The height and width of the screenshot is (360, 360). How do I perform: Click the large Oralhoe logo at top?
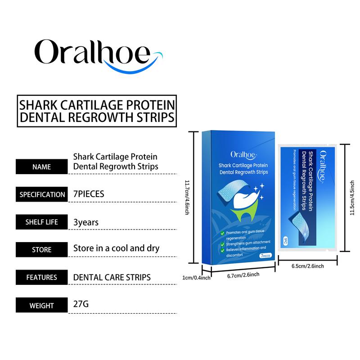point(99,56)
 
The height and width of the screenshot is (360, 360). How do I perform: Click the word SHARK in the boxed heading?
point(38,105)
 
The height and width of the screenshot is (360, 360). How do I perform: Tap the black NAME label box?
point(41,166)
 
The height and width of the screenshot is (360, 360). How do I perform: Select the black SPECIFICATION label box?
point(41,194)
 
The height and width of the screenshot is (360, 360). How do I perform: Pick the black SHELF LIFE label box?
point(41,222)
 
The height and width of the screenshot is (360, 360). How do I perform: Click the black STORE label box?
point(41,250)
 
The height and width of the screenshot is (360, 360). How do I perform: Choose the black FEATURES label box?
point(41,277)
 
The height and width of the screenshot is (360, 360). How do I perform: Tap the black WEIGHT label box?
point(41,305)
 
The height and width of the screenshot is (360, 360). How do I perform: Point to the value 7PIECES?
point(89,194)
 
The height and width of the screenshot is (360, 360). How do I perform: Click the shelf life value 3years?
point(86,222)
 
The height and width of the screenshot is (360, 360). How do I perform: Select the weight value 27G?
point(81,304)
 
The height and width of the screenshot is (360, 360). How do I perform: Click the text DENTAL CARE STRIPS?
point(112,277)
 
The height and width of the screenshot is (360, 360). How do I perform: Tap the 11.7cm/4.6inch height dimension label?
point(187,198)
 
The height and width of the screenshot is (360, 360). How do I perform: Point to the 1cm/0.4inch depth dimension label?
point(196,278)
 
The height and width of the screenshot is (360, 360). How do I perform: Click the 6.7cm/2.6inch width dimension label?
point(243,275)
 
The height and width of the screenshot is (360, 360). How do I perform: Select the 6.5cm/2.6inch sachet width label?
point(308,266)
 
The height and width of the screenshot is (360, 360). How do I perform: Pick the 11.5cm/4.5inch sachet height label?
point(352,198)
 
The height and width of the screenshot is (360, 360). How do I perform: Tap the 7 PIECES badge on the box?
point(265,256)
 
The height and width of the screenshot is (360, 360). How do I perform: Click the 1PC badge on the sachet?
point(286,241)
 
